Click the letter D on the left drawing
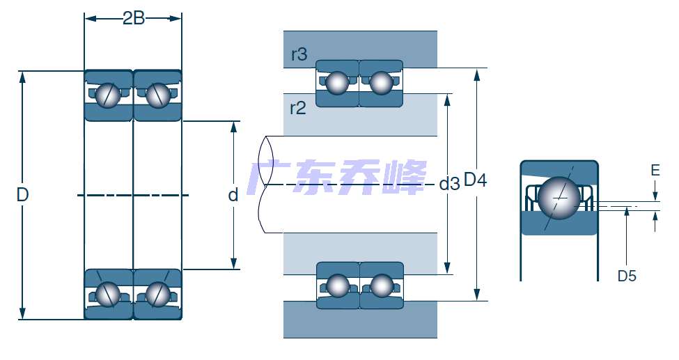pyautogui.click(x=22, y=196)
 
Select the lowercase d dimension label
pyautogui.click(x=233, y=195)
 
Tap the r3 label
pyautogui.click(x=299, y=54)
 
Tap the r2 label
pyautogui.click(x=298, y=107)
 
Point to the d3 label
pyautogui.click(x=449, y=185)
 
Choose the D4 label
pyautogui.click(x=475, y=180)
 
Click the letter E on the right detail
pyautogui.click(x=655, y=170)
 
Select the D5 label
pyautogui.click(x=627, y=276)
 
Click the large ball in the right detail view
pyautogui.click(x=559, y=198)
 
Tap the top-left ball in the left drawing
pyautogui.click(x=108, y=95)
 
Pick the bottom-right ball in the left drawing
pyautogui.click(x=157, y=294)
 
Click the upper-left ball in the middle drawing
pyautogui.click(x=338, y=83)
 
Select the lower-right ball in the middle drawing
pyautogui.click(x=382, y=285)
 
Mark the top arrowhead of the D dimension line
pyautogui.click(x=22, y=76)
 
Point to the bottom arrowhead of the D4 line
pyautogui.click(x=478, y=295)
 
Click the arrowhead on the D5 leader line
pyautogui.click(x=627, y=211)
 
